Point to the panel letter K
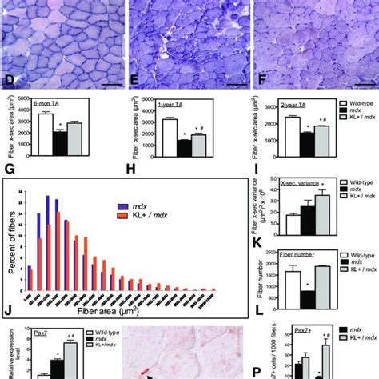point(257,245)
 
